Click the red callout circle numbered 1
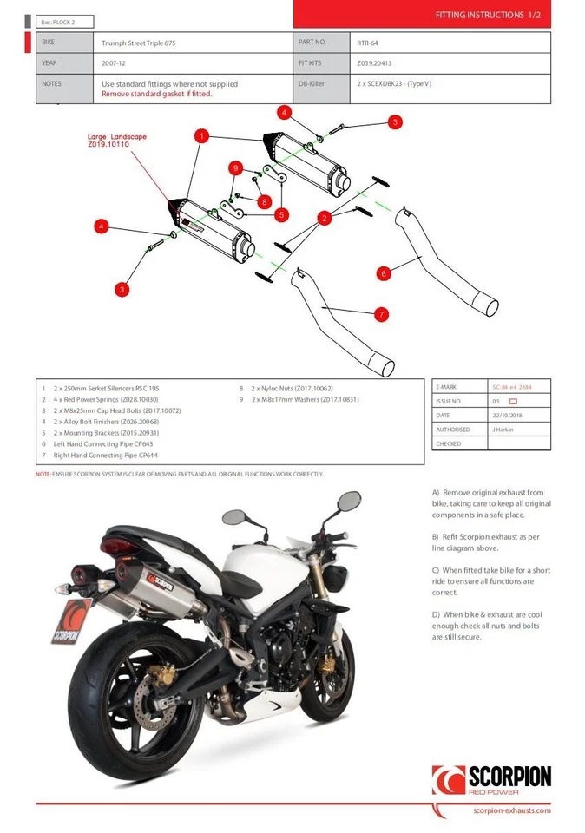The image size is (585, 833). (201, 136)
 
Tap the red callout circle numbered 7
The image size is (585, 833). (381, 314)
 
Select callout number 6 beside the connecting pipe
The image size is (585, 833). (384, 273)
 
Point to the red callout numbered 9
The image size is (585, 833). (234, 167)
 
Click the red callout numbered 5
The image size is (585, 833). (281, 213)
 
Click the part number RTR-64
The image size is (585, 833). (365, 42)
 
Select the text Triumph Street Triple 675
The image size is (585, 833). (143, 42)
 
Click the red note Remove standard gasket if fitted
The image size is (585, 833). (156, 94)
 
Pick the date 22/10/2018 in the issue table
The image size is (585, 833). (508, 415)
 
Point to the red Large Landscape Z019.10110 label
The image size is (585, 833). (117, 141)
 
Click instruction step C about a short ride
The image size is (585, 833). (491, 580)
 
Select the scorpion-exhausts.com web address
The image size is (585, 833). (512, 810)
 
